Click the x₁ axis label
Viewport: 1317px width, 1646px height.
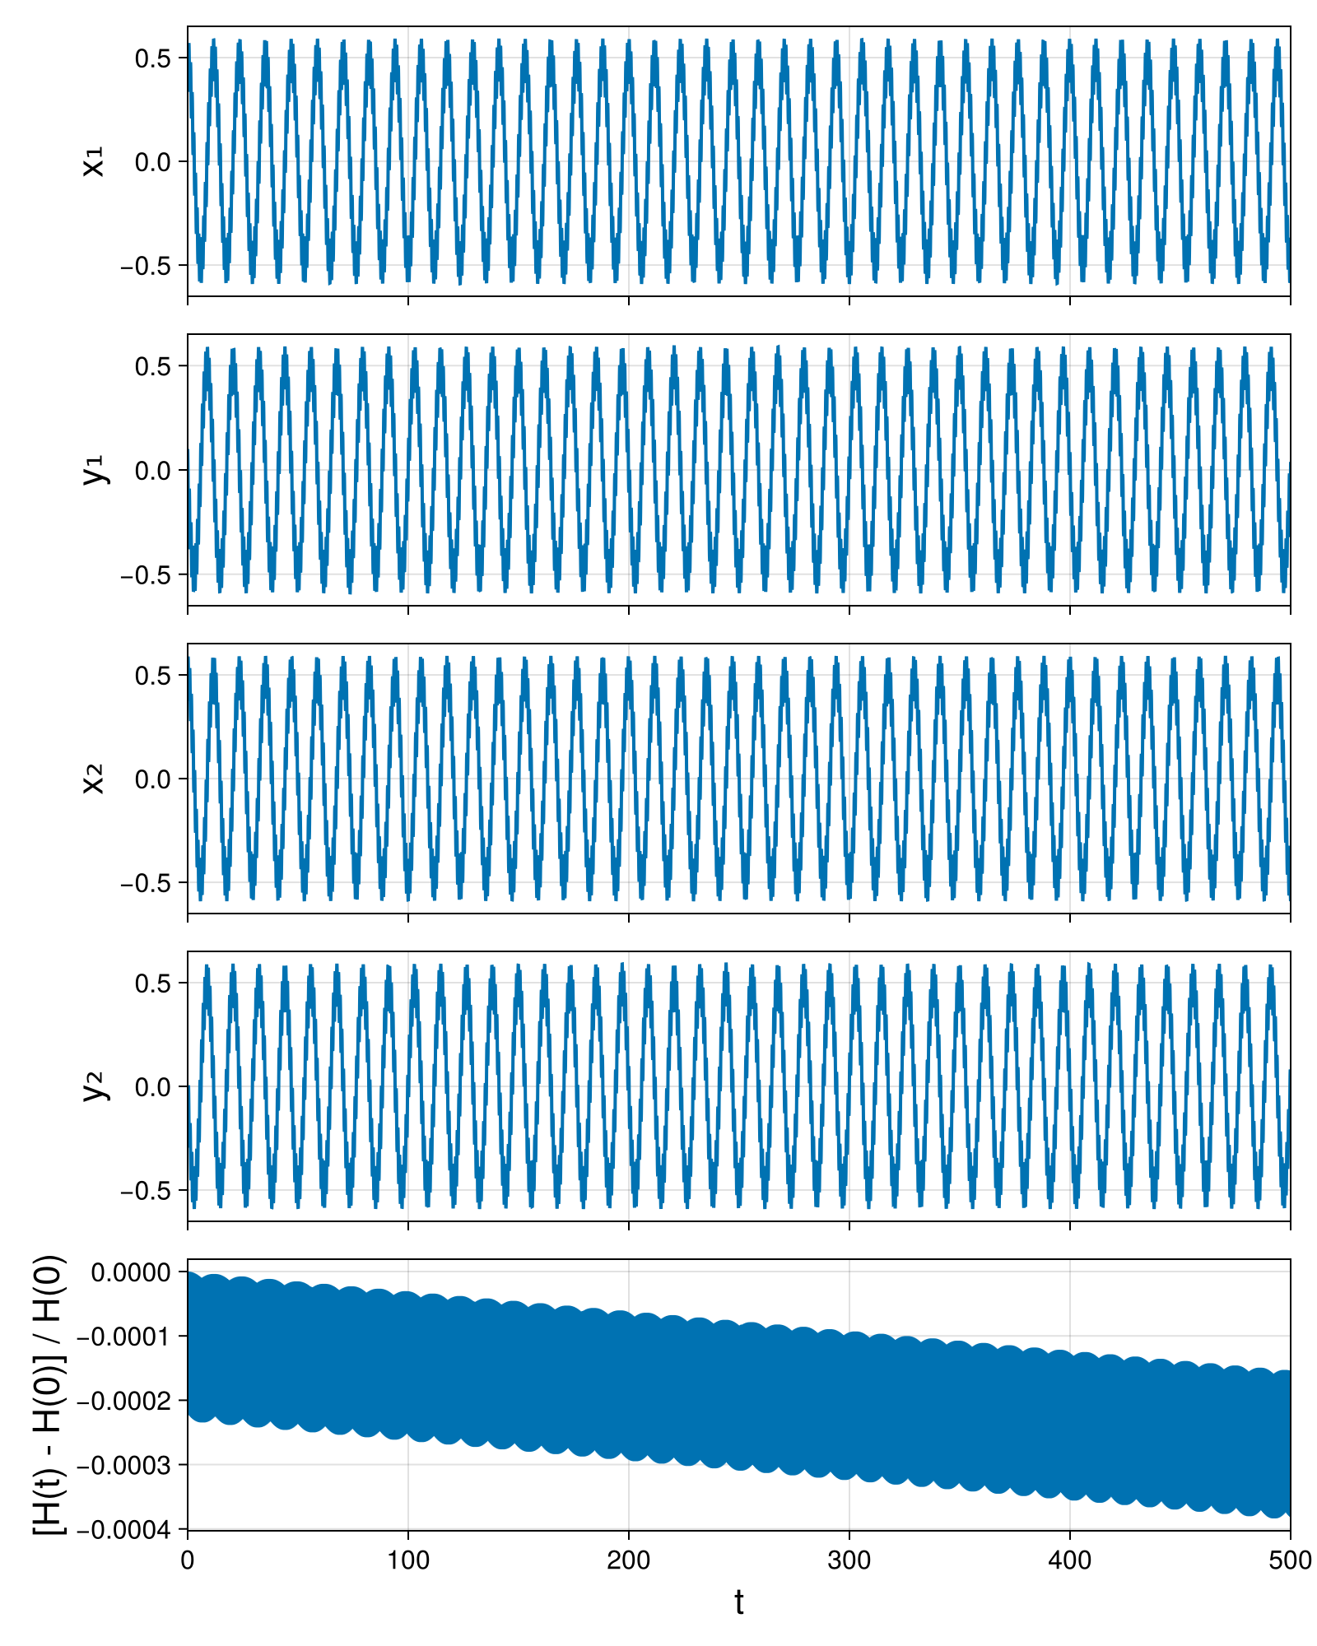pos(94,161)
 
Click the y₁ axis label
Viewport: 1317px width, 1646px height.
pos(95,470)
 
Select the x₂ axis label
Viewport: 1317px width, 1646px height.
pos(94,779)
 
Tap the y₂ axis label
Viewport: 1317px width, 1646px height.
pos(95,1086)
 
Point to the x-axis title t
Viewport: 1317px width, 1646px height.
pos(739,1602)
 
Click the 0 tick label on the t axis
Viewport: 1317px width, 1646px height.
pos(188,1560)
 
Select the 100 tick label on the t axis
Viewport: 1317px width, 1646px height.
pos(408,1560)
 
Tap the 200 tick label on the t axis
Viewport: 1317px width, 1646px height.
pos(629,1560)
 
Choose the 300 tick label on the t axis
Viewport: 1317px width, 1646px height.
pos(849,1560)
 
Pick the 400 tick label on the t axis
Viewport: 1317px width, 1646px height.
pos(1070,1560)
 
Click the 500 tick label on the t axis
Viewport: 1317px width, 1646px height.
pos(1290,1560)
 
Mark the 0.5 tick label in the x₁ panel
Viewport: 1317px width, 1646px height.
pos(153,58)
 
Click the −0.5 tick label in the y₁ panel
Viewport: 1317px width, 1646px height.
pos(146,574)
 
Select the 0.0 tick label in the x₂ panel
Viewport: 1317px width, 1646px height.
pos(153,779)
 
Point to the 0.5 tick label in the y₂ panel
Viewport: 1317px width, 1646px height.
pos(153,983)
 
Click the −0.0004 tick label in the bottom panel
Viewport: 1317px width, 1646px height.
pos(124,1530)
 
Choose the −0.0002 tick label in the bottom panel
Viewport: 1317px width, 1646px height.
pos(124,1401)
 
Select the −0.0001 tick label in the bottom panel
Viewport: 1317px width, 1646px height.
pos(124,1337)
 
